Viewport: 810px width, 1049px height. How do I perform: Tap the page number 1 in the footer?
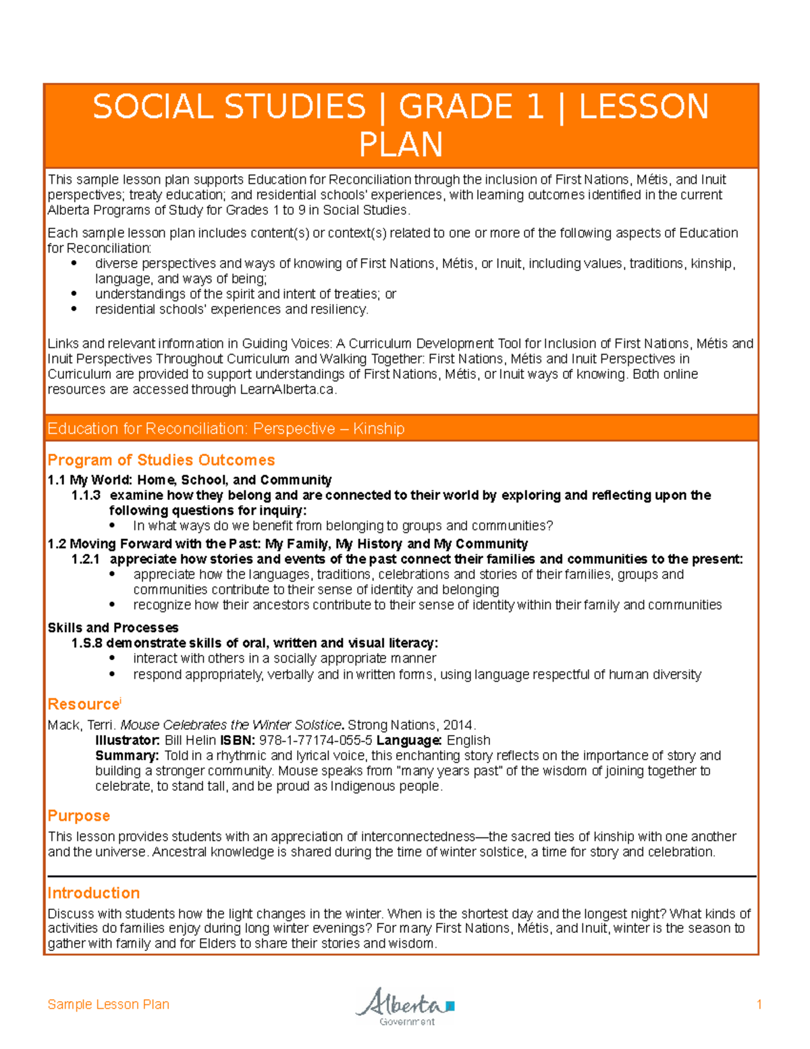759,1004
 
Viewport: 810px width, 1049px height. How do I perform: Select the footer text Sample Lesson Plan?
108,1004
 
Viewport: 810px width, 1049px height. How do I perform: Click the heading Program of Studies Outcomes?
161,460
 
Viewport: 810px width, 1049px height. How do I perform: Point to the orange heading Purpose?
78,816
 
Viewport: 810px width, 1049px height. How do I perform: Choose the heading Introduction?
93,893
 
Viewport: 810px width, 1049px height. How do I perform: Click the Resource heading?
83,705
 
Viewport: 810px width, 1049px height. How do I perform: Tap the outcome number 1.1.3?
86,495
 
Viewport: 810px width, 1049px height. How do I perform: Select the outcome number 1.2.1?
86,559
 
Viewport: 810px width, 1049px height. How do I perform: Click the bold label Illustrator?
128,740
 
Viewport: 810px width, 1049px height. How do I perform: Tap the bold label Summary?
127,755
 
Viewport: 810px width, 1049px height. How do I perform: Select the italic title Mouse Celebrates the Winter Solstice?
230,725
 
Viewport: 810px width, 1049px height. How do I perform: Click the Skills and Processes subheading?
113,628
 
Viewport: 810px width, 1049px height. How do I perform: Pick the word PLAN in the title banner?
401,145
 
